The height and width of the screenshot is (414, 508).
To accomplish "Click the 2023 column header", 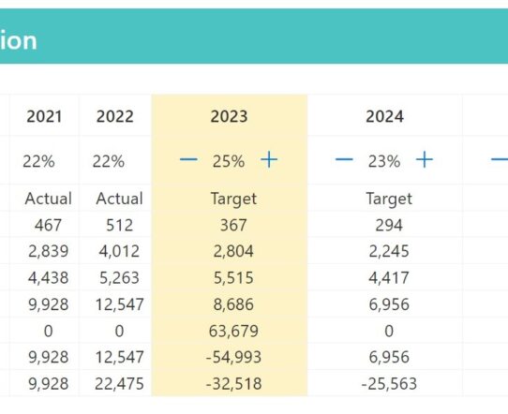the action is point(229,116).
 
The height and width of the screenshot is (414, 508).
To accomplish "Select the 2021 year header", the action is point(44,116).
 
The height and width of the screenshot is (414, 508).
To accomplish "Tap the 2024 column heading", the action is point(384,116).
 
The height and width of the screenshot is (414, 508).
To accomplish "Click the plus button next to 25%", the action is point(269,160).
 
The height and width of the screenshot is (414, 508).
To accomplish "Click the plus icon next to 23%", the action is point(425,160).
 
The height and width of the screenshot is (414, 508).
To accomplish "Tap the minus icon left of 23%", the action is point(344,159).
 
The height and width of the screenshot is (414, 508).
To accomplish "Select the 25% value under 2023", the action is point(229,161).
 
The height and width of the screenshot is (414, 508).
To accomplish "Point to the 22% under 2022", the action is point(108,161).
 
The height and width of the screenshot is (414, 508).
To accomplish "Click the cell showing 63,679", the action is point(233,331).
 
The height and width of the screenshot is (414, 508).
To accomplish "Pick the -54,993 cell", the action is point(233,358).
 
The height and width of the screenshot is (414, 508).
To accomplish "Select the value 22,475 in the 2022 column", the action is point(119,384).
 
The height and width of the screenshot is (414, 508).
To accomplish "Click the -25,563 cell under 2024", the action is point(389,384).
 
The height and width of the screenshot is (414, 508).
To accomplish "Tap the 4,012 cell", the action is point(119,251).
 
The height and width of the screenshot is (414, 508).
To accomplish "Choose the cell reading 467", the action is point(48,225).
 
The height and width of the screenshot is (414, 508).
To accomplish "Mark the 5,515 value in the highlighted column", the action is point(233,278).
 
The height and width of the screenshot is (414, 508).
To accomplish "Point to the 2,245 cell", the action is point(389,251).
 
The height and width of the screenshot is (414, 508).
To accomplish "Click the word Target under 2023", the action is point(233,199).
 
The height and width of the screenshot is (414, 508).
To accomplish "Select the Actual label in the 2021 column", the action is point(48,199).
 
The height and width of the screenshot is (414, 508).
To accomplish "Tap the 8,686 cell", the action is point(233,304).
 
